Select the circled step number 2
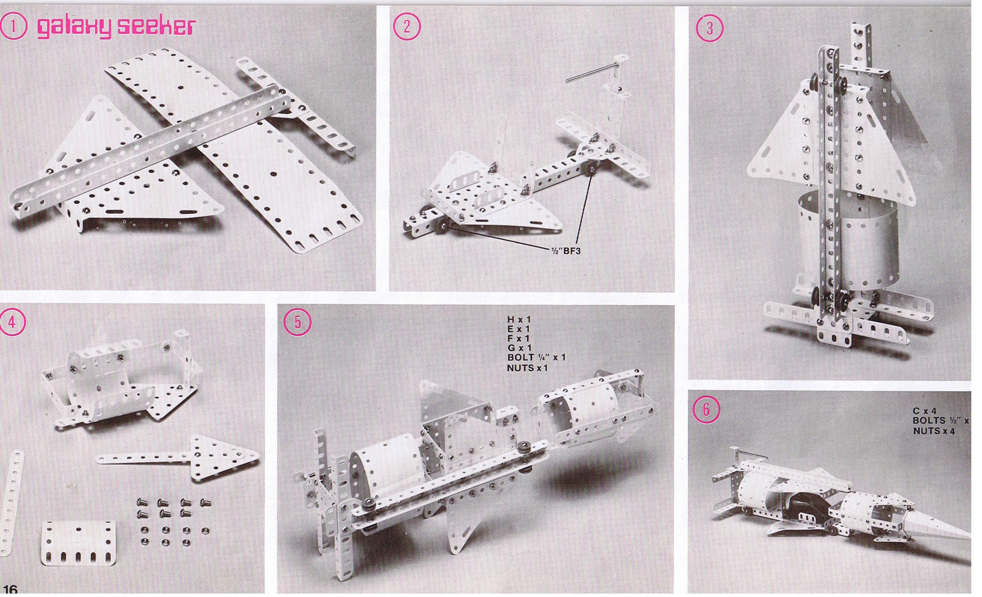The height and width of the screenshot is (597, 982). click(407, 27)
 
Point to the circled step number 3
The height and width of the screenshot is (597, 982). click(709, 28)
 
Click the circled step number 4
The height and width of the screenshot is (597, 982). click(12, 322)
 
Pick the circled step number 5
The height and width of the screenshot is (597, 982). click(298, 322)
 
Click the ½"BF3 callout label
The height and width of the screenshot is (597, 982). click(565, 251)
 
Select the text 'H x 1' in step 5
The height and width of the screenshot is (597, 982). click(519, 319)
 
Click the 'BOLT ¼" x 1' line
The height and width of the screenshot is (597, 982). click(536, 358)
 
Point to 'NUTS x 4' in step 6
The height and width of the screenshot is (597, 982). click(934, 431)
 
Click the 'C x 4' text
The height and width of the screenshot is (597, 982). click(924, 411)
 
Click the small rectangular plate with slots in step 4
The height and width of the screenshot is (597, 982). click(78, 542)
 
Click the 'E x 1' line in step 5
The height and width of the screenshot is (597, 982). click(518, 329)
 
